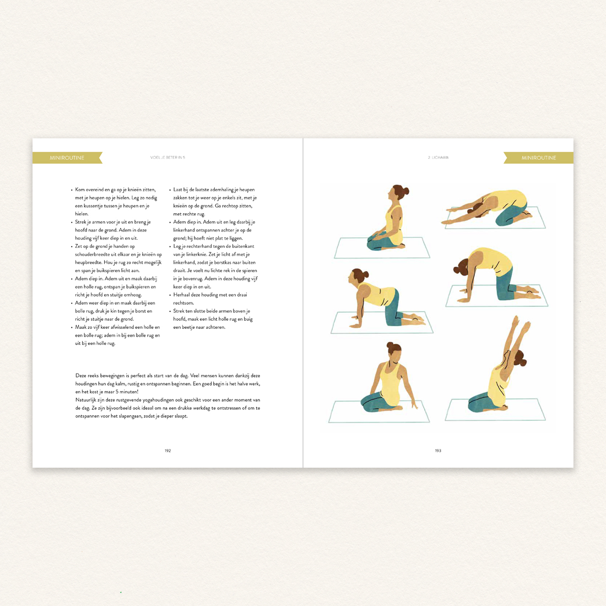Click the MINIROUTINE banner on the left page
tap(67, 158)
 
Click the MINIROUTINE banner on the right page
tap(538, 158)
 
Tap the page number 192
tap(167, 451)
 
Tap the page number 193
tap(438, 451)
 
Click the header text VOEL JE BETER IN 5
tap(167, 158)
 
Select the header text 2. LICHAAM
tap(439, 158)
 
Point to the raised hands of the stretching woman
tap(521, 323)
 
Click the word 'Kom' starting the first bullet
tap(80, 190)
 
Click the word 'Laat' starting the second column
tap(178, 190)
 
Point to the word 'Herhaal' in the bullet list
tap(182, 295)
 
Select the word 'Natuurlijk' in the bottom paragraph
tap(85, 400)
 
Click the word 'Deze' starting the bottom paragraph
tap(81, 376)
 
